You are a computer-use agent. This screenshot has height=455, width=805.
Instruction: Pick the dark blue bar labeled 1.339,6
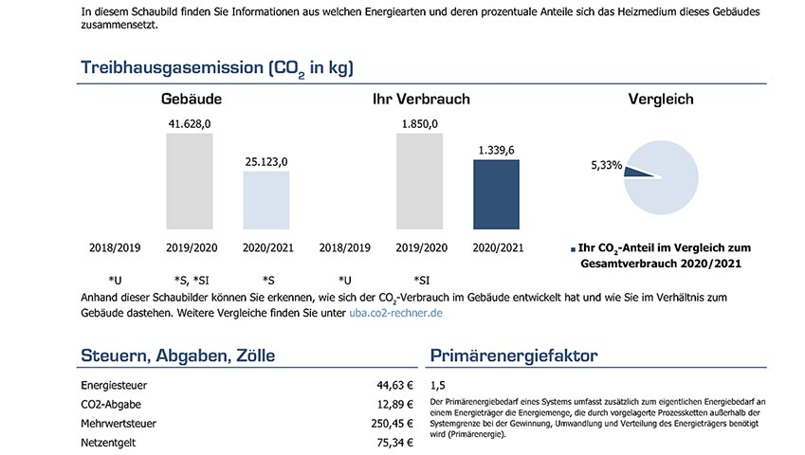click(496, 194)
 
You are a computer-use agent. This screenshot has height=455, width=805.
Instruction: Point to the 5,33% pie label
click(606, 165)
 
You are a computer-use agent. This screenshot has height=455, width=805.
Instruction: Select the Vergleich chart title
click(661, 99)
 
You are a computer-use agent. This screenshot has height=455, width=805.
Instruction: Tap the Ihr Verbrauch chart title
click(421, 99)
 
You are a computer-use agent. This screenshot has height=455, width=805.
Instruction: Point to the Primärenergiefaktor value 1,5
click(437, 386)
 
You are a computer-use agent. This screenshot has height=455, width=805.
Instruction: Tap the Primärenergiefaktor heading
click(513, 355)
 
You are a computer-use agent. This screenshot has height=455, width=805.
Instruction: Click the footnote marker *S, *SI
click(192, 280)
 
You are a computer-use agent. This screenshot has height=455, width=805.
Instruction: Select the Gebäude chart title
click(192, 99)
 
